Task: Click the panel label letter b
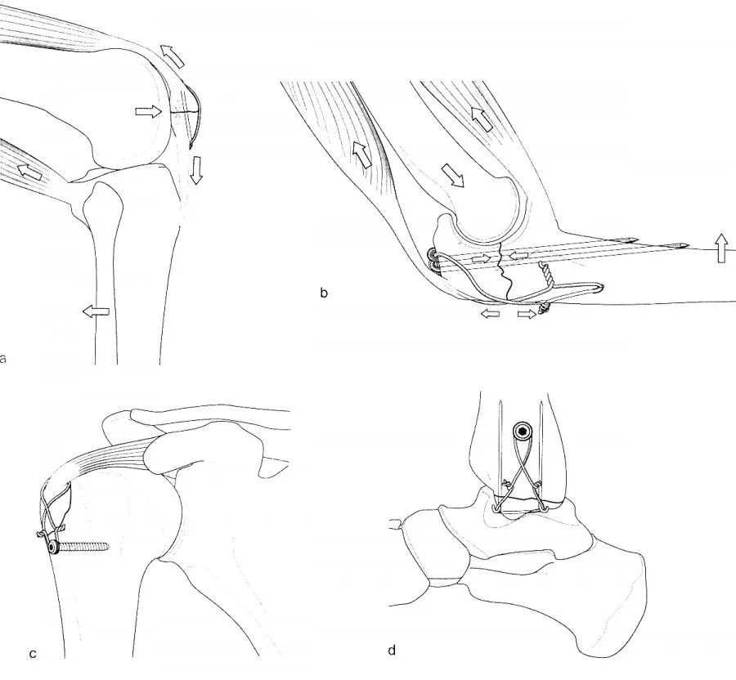[x=323, y=293]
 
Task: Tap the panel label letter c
[x=33, y=654]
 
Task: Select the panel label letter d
[x=392, y=651]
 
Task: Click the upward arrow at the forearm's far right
[x=721, y=248]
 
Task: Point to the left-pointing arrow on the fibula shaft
[x=96, y=311]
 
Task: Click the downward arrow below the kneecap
[x=196, y=170]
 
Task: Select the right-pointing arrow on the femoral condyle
[x=148, y=112]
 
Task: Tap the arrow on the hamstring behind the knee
[x=29, y=172]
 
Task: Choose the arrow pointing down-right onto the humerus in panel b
[x=452, y=176]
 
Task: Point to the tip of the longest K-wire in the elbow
[x=687, y=245]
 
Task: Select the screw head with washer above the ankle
[x=523, y=430]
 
